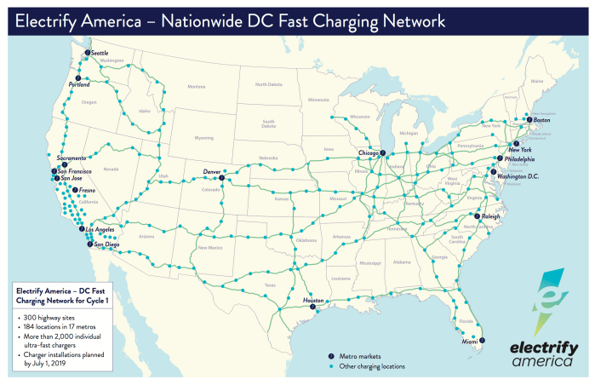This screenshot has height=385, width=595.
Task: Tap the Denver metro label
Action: click(213, 172)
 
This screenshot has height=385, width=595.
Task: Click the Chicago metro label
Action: click(369, 153)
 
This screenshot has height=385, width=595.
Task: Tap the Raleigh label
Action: click(490, 217)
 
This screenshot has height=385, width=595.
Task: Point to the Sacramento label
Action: click(72, 158)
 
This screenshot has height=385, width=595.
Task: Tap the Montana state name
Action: click(197, 86)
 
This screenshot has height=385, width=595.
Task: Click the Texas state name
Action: click(270, 284)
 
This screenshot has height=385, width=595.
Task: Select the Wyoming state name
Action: click(203, 137)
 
